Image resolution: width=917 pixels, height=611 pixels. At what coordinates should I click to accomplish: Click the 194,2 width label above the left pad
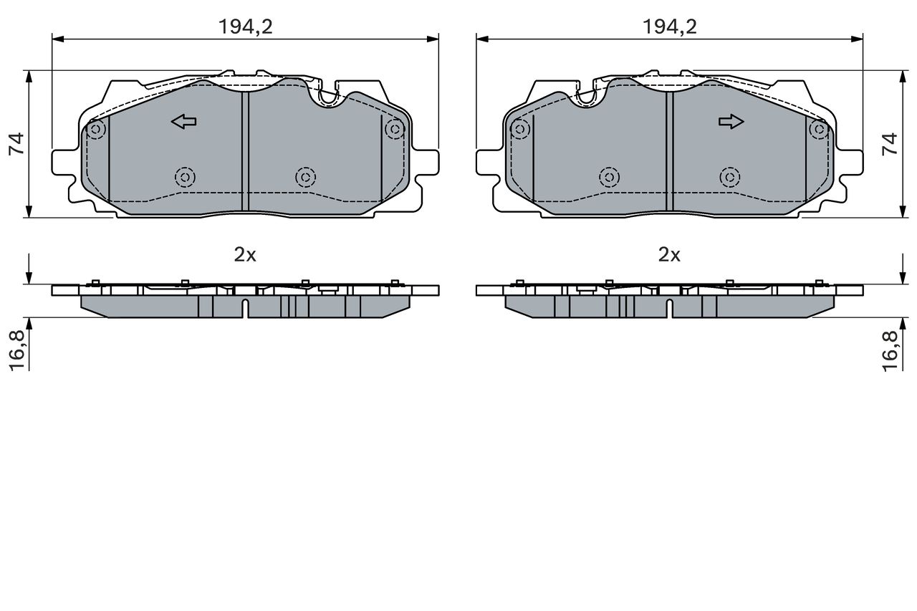point(246,27)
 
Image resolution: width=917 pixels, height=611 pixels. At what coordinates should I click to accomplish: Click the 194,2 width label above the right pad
point(670,27)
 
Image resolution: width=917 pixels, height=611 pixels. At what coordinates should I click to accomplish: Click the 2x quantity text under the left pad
point(245,254)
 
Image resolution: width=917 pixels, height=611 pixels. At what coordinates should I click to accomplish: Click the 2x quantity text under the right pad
point(669,254)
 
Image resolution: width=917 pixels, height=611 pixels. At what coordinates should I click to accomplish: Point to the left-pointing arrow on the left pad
point(184,122)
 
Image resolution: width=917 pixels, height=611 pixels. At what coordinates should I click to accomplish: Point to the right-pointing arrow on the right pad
point(731,122)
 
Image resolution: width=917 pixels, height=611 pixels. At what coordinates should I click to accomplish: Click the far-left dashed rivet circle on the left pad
point(95,130)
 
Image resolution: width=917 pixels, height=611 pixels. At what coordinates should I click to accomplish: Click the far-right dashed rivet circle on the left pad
point(394,129)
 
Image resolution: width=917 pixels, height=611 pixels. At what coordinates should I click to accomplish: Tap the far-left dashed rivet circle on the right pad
point(520,129)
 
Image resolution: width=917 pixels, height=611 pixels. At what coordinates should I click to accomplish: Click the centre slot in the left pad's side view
point(245,309)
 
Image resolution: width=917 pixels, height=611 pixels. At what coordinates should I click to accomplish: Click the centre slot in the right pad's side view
point(669,309)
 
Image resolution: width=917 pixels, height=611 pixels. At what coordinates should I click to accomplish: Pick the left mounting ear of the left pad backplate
point(62,162)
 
